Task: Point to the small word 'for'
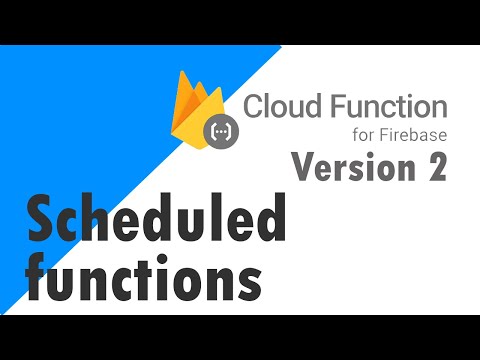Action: click(366, 135)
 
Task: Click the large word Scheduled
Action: click(156, 220)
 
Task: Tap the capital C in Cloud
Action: click(254, 105)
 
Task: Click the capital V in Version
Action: click(302, 167)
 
